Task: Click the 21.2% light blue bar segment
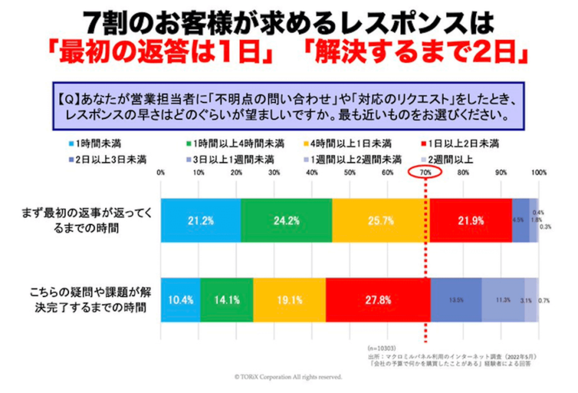tap(200, 221)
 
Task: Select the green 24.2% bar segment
tap(286, 221)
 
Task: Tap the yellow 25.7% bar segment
tap(380, 221)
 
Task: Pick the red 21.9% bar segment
tap(471, 221)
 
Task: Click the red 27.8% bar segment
tap(378, 300)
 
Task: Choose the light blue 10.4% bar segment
tap(181, 300)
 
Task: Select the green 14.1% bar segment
tap(226, 300)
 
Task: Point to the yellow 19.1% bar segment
tap(290, 300)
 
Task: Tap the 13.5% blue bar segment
tap(456, 300)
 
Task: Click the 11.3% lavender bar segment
tap(503, 300)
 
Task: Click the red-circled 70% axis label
tap(426, 172)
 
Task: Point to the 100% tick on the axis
tap(538, 172)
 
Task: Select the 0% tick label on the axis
tap(161, 172)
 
